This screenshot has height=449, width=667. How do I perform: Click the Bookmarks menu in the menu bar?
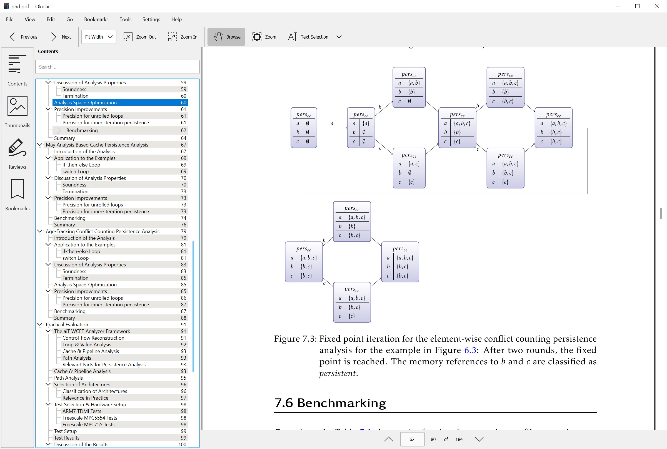click(x=96, y=19)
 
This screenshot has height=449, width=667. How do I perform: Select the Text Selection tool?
click(x=308, y=37)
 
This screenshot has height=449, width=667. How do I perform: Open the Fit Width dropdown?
click(x=99, y=37)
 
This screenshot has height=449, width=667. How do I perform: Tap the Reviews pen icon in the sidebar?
click(x=18, y=148)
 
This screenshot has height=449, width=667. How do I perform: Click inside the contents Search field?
click(x=117, y=67)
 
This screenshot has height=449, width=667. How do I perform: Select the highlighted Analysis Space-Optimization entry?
click(x=85, y=102)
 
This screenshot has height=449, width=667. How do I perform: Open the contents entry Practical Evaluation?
click(x=67, y=324)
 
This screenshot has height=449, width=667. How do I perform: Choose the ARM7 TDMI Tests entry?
click(x=82, y=411)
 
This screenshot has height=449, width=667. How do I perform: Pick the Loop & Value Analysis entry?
click(x=87, y=344)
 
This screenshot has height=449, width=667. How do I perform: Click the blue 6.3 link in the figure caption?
click(x=470, y=350)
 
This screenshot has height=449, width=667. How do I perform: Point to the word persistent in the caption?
click(x=338, y=373)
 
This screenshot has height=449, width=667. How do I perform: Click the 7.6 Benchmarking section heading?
click(x=330, y=403)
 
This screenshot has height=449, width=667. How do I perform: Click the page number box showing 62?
click(x=412, y=439)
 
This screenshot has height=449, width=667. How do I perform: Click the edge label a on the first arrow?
click(x=332, y=124)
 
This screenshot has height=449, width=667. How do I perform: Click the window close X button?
click(x=657, y=6)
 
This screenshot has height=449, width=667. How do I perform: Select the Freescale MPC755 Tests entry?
click(x=88, y=424)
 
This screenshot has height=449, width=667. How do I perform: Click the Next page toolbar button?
click(x=61, y=37)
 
